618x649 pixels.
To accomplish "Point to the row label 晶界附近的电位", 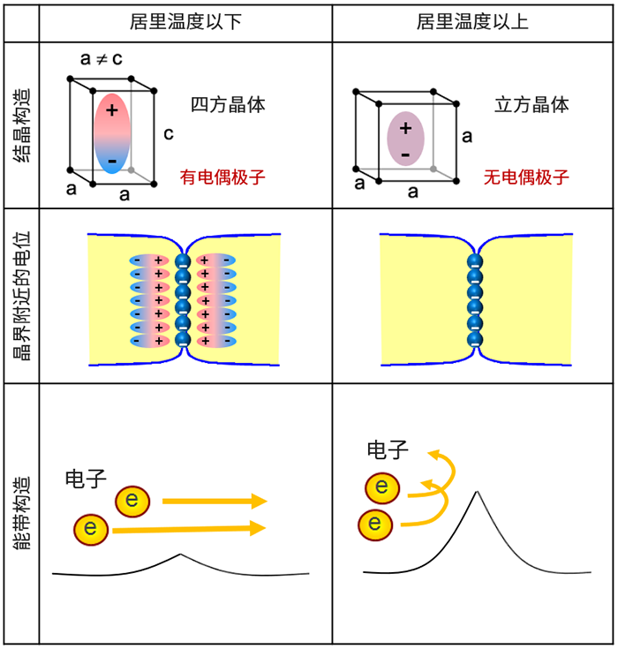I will pyautogui.click(x=20, y=295).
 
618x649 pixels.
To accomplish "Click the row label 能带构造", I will pyautogui.click(x=20, y=512).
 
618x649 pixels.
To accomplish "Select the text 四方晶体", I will pyautogui.click(x=229, y=105).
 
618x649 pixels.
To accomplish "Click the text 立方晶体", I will pyautogui.click(x=531, y=105).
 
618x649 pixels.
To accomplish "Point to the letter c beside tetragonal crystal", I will pyautogui.click(x=168, y=135).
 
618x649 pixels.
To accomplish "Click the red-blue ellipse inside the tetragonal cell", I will pyautogui.click(x=111, y=132).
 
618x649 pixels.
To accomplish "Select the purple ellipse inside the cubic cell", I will pyautogui.click(x=406, y=140).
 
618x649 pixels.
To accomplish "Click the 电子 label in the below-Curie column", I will pyautogui.click(x=86, y=480).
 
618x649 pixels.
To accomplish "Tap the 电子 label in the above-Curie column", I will pyautogui.click(x=388, y=451).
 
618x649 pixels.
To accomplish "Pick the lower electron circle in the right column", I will pyautogui.click(x=374, y=524).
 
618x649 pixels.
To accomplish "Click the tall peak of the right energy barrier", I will pyautogui.click(x=477, y=492).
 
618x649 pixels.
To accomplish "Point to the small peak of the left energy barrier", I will pyautogui.click(x=180, y=555).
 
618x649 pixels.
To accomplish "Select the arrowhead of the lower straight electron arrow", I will pyautogui.click(x=259, y=528).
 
